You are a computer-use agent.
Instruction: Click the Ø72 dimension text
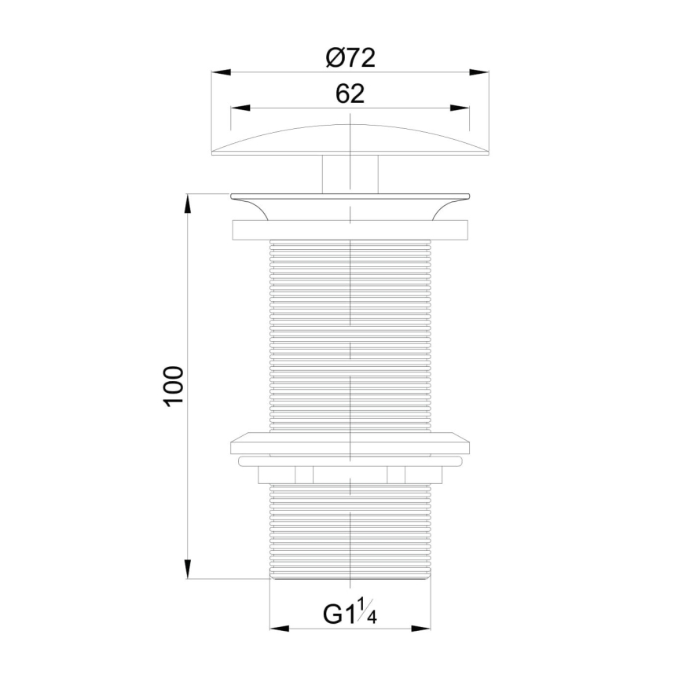click(350, 57)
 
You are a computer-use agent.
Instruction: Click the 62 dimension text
click(350, 93)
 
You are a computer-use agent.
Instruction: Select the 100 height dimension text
click(174, 385)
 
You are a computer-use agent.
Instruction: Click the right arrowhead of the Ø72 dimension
click(479, 72)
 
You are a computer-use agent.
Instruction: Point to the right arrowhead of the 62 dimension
click(460, 108)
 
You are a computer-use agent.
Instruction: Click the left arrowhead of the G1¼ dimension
click(280, 629)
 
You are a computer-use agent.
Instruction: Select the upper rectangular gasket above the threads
click(350, 229)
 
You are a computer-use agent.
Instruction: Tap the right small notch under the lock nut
click(396, 474)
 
